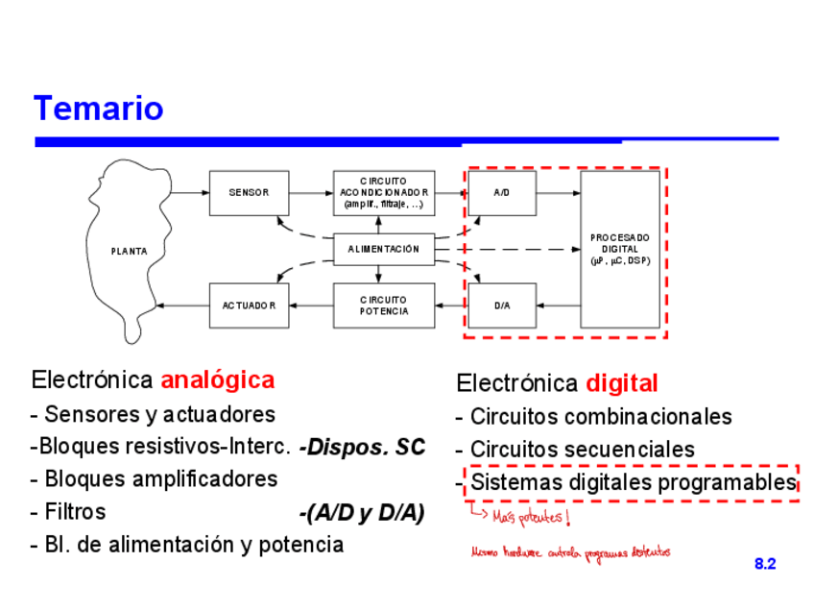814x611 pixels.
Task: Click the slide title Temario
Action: (98, 109)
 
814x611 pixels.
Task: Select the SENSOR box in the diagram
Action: (249, 192)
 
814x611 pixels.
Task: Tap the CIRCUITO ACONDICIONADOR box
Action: (383, 192)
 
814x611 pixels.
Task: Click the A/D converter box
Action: (501, 192)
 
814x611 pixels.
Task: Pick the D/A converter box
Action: (501, 305)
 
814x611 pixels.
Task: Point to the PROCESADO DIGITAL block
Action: (619, 249)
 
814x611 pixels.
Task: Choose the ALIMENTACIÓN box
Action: (383, 249)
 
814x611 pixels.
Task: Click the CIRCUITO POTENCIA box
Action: (383, 305)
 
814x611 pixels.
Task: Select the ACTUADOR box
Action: (249, 305)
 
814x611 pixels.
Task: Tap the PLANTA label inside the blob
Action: (130, 252)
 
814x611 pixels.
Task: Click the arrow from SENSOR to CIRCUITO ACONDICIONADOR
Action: (310, 192)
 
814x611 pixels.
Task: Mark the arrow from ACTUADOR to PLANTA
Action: (182, 305)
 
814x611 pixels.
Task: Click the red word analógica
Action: (217, 379)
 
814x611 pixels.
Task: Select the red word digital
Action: (622, 384)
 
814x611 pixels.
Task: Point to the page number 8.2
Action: (764, 564)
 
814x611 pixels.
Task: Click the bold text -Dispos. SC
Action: (361, 447)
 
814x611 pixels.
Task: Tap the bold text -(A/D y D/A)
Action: (361, 513)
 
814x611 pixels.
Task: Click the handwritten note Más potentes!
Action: (530, 519)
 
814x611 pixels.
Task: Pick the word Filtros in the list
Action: (75, 511)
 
